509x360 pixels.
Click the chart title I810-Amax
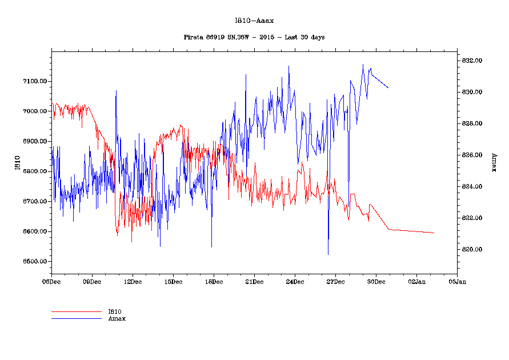pos(254,21)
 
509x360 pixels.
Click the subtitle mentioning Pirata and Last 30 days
pos(254,37)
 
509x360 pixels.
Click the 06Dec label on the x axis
pos(51,281)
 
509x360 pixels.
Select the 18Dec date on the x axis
pos(214,281)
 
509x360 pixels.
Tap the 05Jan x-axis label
pos(457,281)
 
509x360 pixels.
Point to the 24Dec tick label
pos(295,281)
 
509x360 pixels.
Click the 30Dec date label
pos(376,281)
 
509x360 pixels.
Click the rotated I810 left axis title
pos(18,163)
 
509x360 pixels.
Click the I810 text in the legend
pos(114,312)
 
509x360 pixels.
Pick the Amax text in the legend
pos(117,318)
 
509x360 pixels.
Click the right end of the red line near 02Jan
pos(434,233)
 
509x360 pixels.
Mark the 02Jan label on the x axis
pos(416,281)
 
